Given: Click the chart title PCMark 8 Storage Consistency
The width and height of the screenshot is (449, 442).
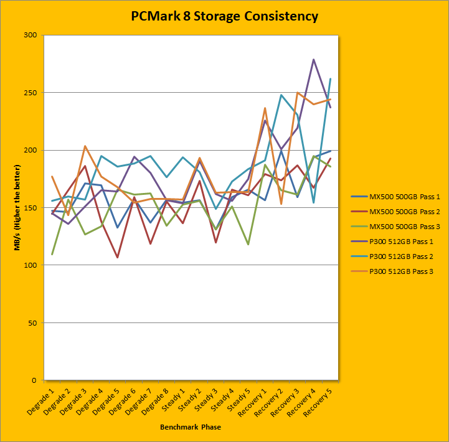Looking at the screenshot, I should click(224, 16).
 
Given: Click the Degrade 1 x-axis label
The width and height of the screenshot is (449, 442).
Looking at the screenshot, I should click(42, 398).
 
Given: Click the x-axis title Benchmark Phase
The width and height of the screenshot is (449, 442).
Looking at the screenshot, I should click(190, 427).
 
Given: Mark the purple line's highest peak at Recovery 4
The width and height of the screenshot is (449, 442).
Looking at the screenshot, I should click(313, 60).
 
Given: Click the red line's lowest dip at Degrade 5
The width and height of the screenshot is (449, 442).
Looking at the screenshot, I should click(116, 257).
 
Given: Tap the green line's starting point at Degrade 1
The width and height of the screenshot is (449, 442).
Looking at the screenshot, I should click(52, 254).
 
